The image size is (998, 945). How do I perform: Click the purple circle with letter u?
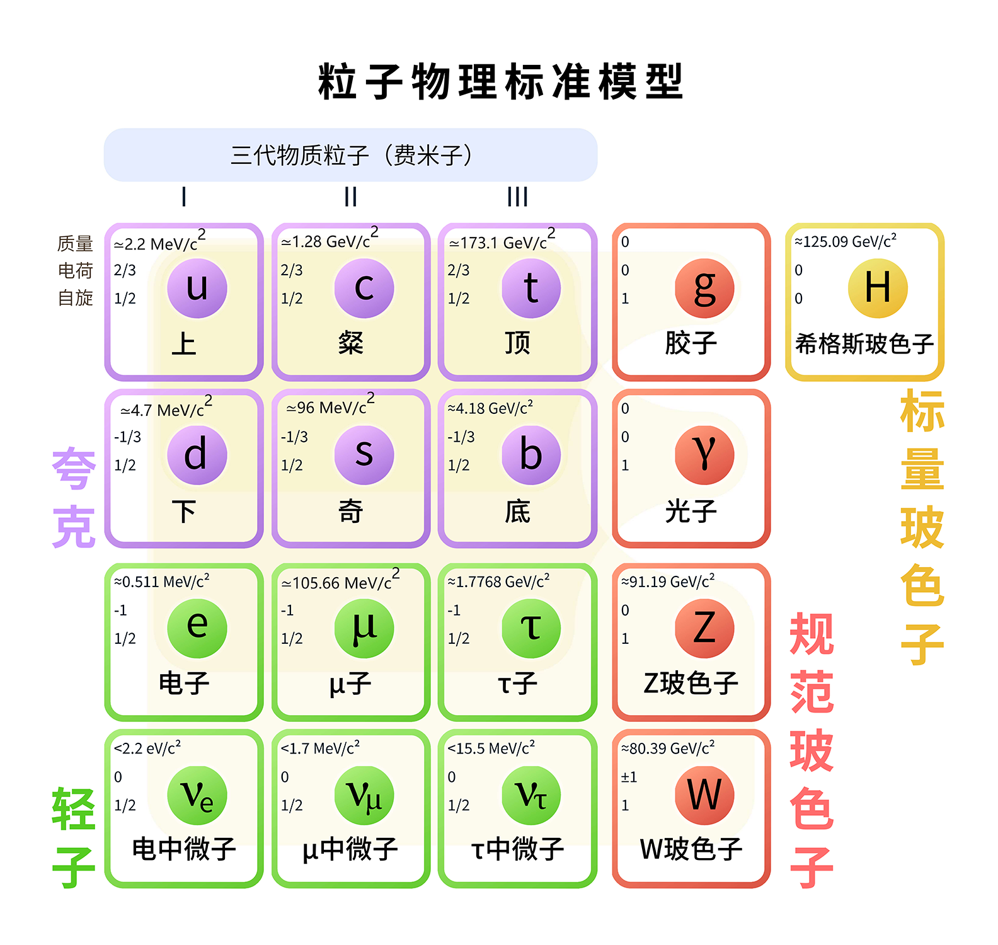[x=197, y=288]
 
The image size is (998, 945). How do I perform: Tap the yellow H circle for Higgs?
[x=878, y=288]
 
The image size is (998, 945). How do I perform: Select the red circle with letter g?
[x=704, y=288]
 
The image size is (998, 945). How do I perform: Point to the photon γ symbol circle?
[x=704, y=455]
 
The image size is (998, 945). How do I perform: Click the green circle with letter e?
[x=197, y=628]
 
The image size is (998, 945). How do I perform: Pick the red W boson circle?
[x=704, y=795]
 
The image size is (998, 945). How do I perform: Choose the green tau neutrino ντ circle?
[x=531, y=795]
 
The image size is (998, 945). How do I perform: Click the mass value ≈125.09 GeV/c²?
[x=845, y=241]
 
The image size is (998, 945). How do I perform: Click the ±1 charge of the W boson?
[x=629, y=777]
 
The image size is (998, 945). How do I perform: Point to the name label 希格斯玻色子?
[x=864, y=344]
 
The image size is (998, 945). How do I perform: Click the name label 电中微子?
[x=184, y=849]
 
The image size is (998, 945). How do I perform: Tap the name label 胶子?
[x=691, y=343]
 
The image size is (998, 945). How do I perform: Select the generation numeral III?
[x=517, y=197]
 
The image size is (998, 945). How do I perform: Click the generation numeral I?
[x=184, y=197]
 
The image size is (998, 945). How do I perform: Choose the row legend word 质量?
[x=75, y=243]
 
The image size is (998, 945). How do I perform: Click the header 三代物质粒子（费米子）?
[x=351, y=155]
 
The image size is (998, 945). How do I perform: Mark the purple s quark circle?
[x=364, y=455]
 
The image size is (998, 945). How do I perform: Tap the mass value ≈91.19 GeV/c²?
[x=668, y=581]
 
